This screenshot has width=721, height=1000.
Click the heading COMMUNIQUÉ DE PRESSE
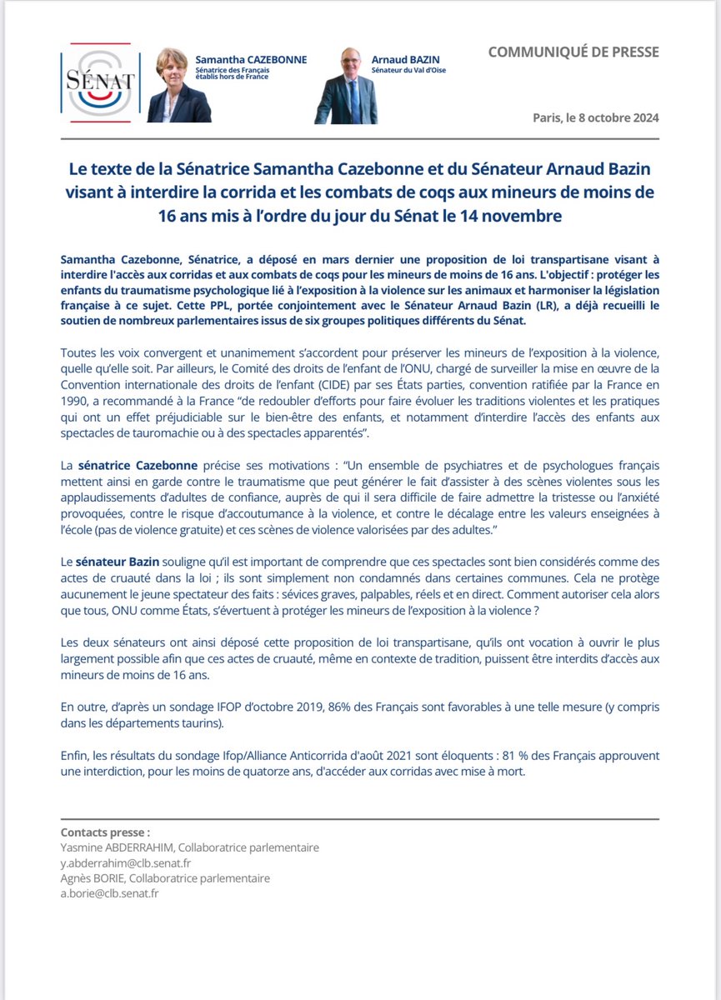(x=573, y=52)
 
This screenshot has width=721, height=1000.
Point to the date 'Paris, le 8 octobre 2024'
(x=596, y=117)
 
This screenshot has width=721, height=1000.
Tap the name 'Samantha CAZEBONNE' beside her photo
(x=251, y=60)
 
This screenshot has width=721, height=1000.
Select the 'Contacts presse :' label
(x=106, y=832)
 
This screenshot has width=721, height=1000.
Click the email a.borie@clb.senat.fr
(x=110, y=893)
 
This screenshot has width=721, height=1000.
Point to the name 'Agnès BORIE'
(x=94, y=877)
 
